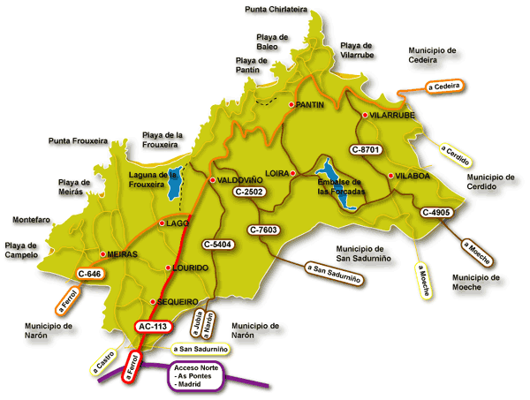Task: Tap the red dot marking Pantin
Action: pyautogui.click(x=291, y=105)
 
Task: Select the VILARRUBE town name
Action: pyautogui.click(x=393, y=116)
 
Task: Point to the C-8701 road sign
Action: pyautogui.click(x=365, y=150)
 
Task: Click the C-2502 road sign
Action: pyautogui.click(x=252, y=192)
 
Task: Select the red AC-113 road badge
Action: pyautogui.click(x=151, y=327)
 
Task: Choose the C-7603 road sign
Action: pyautogui.click(x=264, y=230)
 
